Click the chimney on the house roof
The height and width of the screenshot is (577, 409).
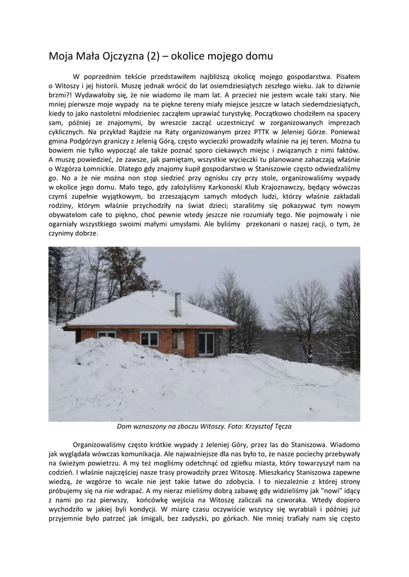coord(178,305)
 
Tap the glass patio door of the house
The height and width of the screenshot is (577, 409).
coord(206,342)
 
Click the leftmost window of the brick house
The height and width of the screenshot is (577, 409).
coord(107,335)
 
